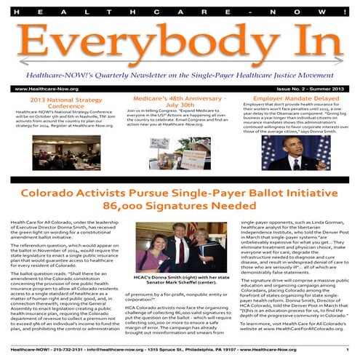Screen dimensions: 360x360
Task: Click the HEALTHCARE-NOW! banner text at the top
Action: click(x=180, y=10)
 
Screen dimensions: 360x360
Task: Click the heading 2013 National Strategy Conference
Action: click(x=61, y=103)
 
